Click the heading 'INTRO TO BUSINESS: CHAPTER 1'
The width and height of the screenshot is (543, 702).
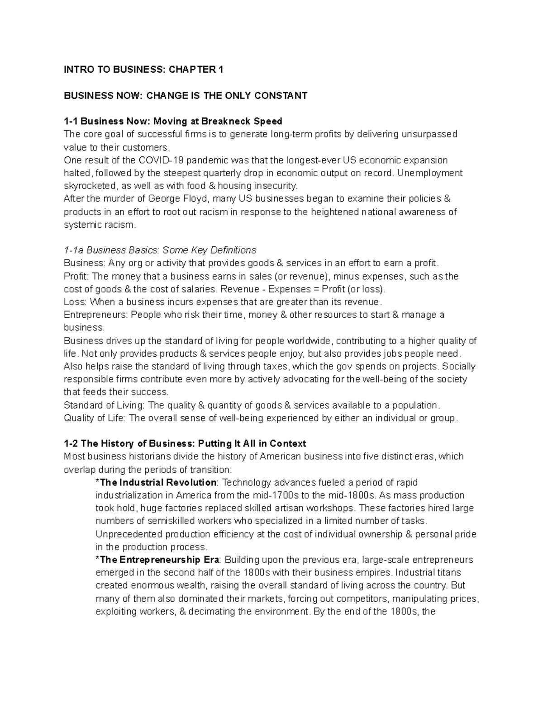[143, 70]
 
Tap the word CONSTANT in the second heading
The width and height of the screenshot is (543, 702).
[281, 95]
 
